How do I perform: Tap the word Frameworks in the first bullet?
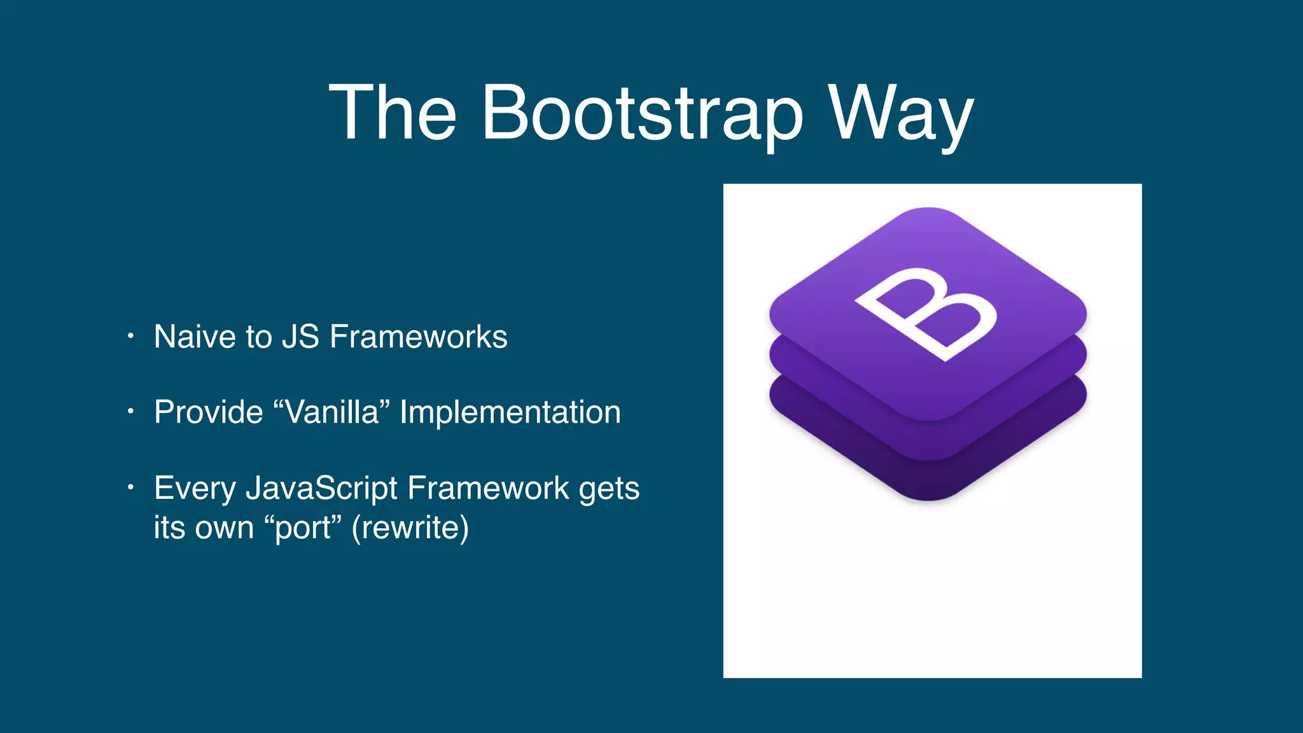(418, 337)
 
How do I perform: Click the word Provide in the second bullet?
(208, 412)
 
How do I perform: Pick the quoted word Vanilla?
(331, 412)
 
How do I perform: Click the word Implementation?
(510, 412)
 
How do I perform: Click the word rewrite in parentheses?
(410, 528)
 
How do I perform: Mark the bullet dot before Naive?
(130, 336)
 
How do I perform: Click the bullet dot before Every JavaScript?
(130, 488)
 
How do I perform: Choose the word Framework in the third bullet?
(488, 489)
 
